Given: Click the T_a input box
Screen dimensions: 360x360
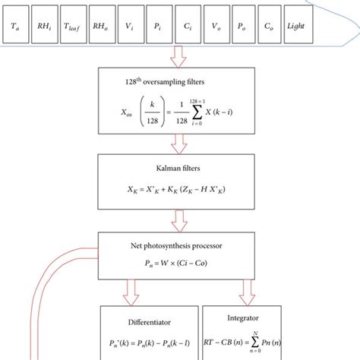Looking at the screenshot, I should click(x=17, y=26).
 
